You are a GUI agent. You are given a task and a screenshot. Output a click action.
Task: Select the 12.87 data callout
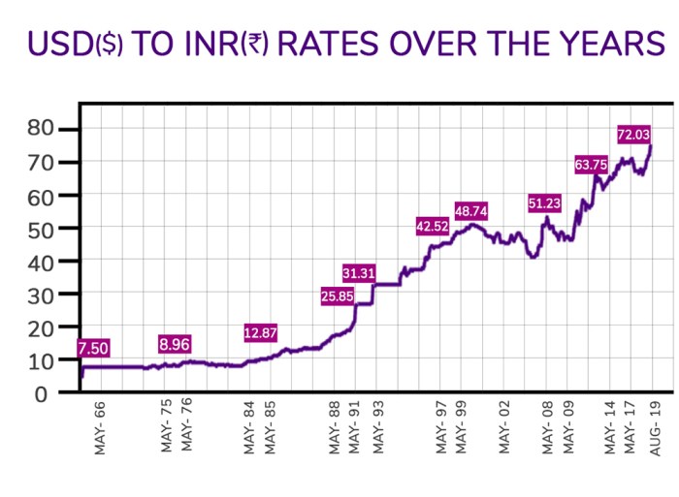pos(261,333)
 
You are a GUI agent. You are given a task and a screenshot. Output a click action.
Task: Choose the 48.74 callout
pos(472,210)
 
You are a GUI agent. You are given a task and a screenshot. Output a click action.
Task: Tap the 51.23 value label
pos(545,203)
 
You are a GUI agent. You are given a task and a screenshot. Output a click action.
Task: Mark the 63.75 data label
pos(592,165)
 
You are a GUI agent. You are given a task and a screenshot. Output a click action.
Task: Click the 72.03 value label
pos(635,134)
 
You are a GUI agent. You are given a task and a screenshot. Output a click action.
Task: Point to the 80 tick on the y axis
pos(38,129)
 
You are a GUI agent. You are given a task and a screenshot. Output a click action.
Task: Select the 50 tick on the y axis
pos(38,229)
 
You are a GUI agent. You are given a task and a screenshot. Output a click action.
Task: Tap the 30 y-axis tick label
pos(38,295)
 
